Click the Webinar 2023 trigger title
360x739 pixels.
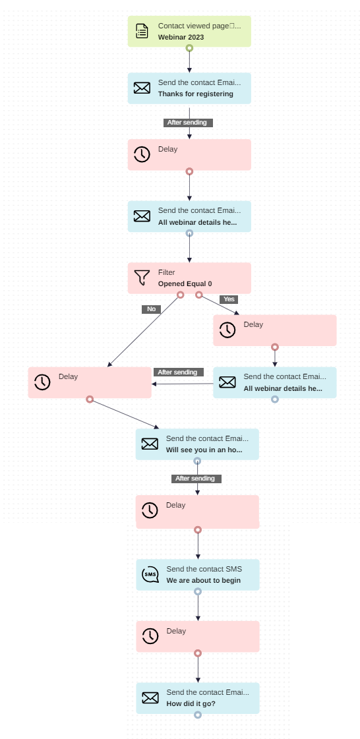[181, 38]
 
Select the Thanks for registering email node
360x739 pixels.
[189, 88]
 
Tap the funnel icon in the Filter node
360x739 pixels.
[142, 278]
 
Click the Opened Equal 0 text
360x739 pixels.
[185, 284]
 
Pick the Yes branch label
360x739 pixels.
[229, 299]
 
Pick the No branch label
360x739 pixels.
[151, 309]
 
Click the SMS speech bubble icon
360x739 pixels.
[150, 575]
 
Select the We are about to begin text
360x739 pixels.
[203, 581]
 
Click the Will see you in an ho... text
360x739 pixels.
[204, 450]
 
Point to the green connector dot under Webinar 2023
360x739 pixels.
[189, 48]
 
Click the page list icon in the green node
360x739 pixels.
[142, 31]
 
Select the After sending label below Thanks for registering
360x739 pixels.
[187, 123]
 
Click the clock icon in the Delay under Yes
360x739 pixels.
[227, 330]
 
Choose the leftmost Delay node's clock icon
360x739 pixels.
[42, 382]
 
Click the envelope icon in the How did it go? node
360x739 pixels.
[150, 698]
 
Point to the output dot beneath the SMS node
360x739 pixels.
[198, 592]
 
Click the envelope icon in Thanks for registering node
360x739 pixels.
[142, 88]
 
